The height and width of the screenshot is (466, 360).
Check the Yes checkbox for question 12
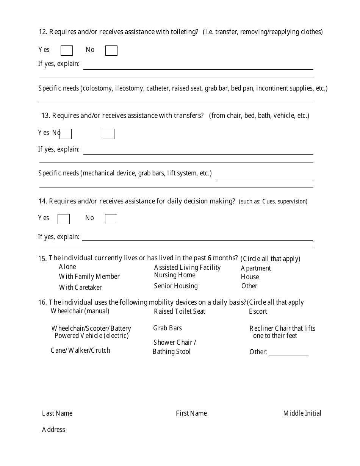(67, 51)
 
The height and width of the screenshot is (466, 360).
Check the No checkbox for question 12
(111, 51)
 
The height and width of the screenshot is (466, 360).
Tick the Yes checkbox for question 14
(64, 219)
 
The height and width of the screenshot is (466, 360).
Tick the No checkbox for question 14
(111, 219)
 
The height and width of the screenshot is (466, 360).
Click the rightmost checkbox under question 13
(108, 134)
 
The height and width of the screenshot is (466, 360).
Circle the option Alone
(67, 267)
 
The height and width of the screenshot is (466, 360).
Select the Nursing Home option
(175, 275)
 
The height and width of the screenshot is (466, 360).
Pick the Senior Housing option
(175, 286)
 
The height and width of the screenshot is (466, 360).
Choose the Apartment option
(256, 268)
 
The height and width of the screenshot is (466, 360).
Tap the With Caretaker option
(80, 288)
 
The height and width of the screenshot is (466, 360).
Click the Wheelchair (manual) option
(80, 311)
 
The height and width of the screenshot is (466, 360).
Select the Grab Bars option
(167, 328)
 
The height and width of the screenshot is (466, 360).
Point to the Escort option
(258, 311)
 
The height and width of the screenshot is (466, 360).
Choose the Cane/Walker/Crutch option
(80, 350)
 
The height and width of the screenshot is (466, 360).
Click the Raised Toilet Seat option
(179, 311)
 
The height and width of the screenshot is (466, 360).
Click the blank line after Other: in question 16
(288, 353)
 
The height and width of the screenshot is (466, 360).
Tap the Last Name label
(57, 413)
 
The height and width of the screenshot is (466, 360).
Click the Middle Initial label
(302, 413)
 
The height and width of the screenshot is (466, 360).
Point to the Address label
(53, 430)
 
